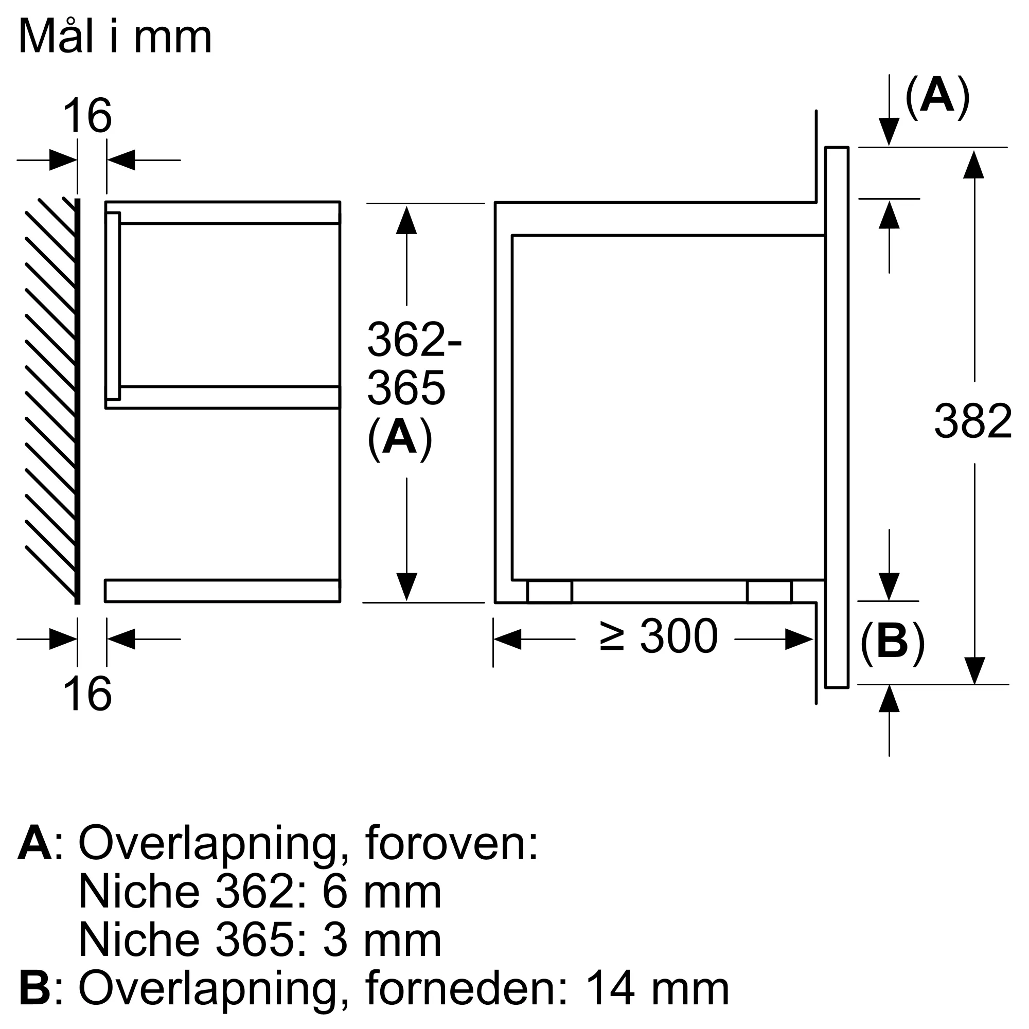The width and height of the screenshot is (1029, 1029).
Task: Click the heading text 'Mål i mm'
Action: coord(115,37)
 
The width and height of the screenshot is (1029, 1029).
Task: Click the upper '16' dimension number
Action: coord(87,116)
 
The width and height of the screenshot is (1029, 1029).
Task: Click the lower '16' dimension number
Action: coord(87,694)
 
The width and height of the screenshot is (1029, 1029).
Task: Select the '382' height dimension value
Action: coord(972,422)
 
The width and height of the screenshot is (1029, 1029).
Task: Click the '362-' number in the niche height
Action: coord(414,340)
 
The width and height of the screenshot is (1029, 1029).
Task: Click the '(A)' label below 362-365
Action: coord(399,438)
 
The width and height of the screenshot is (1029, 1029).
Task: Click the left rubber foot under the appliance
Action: coord(549,592)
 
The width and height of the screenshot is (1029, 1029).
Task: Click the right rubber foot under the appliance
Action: coord(769,592)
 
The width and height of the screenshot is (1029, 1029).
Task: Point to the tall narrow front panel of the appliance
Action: coord(836,417)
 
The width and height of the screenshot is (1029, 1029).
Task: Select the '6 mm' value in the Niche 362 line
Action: coord(381,892)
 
